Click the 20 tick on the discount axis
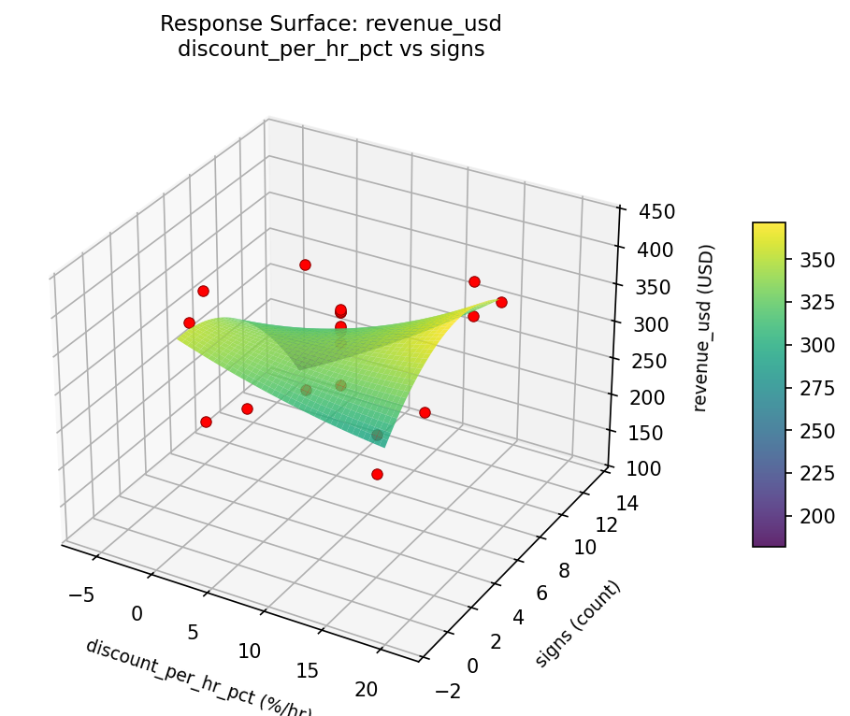pos(367,689)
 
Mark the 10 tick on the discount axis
pos(249,651)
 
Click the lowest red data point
pos(377,474)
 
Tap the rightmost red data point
pos(501,302)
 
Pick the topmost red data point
pos(305,265)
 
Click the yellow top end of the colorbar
pos(769,227)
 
